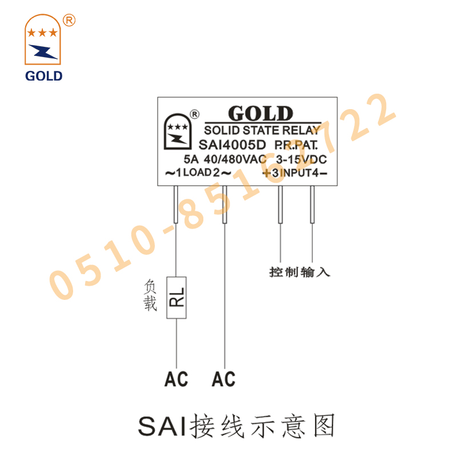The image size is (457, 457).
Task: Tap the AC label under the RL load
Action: [x=176, y=379]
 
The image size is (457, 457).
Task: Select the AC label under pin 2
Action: [x=223, y=379]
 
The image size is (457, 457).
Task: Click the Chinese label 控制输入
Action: [x=299, y=272]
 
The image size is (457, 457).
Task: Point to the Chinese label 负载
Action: [x=150, y=295]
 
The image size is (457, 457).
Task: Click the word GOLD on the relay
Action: [x=260, y=114]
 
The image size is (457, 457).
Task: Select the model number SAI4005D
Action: [x=231, y=145]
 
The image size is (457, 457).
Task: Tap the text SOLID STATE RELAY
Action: [x=262, y=130]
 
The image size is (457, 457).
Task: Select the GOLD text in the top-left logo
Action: [x=43, y=75]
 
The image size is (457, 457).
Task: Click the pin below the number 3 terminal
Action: [x=280, y=206]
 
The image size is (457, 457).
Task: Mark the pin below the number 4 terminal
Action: [x=312, y=206]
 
